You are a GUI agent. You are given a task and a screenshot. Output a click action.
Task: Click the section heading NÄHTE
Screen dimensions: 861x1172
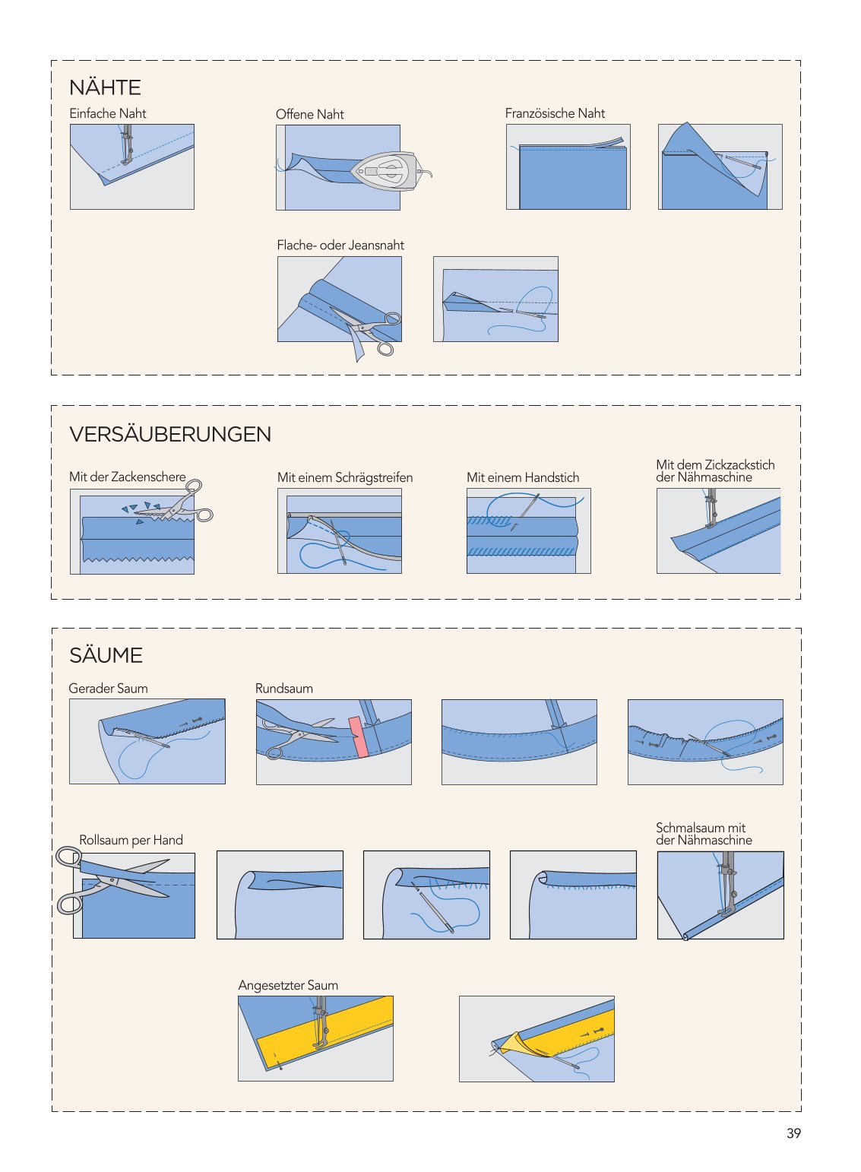(105, 87)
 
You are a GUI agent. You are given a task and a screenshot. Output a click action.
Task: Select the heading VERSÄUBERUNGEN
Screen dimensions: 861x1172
(170, 434)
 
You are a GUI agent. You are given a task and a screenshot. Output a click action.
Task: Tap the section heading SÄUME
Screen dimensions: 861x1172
(106, 655)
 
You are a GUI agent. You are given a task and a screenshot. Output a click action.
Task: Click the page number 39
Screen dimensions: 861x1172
(793, 1133)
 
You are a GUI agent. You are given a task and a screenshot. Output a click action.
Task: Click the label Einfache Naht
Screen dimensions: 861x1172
(108, 113)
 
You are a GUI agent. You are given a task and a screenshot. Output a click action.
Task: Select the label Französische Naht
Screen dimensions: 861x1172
(555, 113)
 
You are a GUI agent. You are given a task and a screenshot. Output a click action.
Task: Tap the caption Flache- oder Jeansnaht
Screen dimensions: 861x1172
(340, 245)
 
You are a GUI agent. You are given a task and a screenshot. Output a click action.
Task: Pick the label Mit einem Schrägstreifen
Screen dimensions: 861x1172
(345, 478)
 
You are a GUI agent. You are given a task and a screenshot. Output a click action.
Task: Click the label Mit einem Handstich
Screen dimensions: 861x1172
(523, 478)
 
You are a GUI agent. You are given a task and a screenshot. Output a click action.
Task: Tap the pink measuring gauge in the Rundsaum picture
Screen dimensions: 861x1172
(360, 736)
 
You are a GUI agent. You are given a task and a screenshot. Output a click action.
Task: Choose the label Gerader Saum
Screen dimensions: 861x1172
(108, 689)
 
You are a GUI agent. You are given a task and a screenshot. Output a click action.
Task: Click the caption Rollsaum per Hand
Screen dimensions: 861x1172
(131, 841)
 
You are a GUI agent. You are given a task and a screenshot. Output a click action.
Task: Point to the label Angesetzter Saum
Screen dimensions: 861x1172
(288, 986)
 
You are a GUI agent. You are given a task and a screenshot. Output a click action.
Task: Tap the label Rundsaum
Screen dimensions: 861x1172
(284, 689)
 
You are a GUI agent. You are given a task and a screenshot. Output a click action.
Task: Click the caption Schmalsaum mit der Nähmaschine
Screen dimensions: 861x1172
(704, 834)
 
